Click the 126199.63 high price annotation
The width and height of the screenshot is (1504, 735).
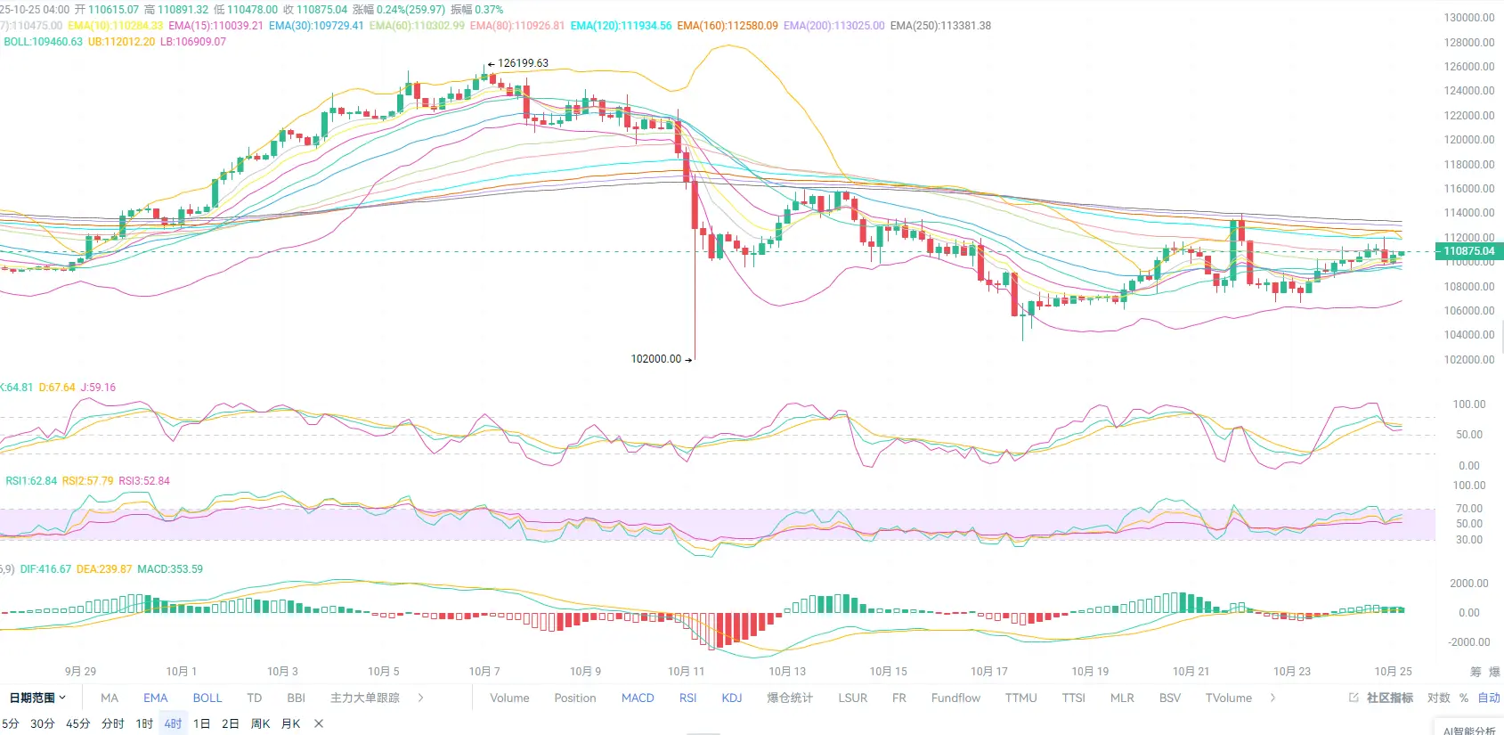pos(523,63)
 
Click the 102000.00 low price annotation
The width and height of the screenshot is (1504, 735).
pos(655,359)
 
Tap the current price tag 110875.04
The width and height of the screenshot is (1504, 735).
pos(1468,251)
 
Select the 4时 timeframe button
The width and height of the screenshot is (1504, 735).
pos(173,723)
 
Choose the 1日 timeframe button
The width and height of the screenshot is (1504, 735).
pos(202,723)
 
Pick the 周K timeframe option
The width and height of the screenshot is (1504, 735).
pos(260,723)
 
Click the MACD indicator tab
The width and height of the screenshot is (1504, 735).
pos(638,698)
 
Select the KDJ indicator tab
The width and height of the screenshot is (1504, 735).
pos(732,698)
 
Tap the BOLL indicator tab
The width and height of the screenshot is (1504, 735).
pos(207,698)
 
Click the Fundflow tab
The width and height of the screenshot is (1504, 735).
pos(955,698)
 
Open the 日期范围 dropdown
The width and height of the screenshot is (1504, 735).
pos(37,698)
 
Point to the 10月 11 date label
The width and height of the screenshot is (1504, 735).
pos(686,671)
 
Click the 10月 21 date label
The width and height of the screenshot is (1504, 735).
pos(1191,671)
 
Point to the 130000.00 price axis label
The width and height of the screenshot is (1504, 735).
pos(1469,18)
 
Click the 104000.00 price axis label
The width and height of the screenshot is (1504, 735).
pos(1469,335)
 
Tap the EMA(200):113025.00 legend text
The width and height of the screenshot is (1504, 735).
pos(833,26)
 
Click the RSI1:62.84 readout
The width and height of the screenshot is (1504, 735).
pos(31,481)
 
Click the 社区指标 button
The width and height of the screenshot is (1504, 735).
pos(1389,698)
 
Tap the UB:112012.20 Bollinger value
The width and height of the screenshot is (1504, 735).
pos(121,42)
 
